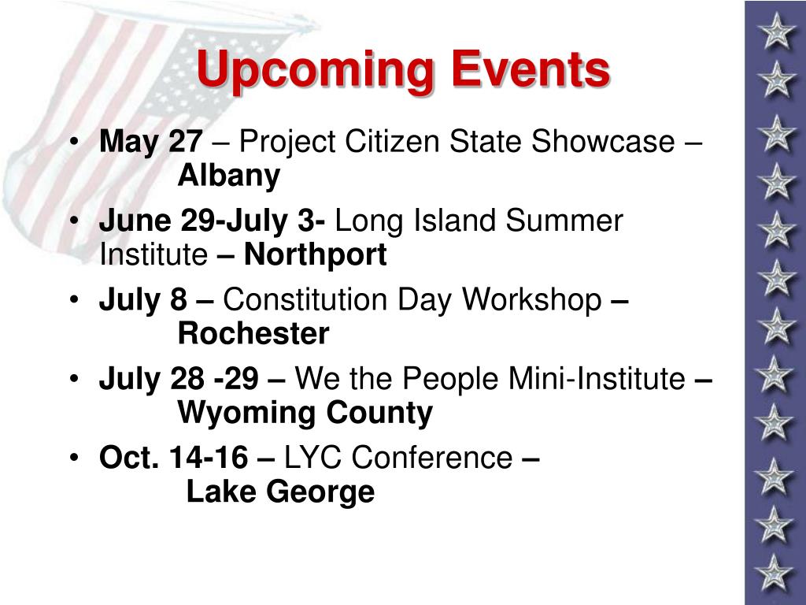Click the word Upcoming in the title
click(x=315, y=70)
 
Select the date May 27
click(x=150, y=142)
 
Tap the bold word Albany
click(x=229, y=176)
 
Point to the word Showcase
click(x=603, y=141)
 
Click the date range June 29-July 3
click(x=212, y=221)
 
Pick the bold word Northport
click(x=315, y=254)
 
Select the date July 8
click(x=143, y=299)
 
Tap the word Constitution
click(x=305, y=299)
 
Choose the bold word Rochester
click(x=253, y=334)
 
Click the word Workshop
click(x=531, y=299)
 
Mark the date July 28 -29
click(x=179, y=379)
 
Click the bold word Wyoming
click(x=246, y=413)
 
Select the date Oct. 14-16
click(x=174, y=458)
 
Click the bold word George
click(x=320, y=492)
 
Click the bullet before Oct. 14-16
click(x=75, y=457)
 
